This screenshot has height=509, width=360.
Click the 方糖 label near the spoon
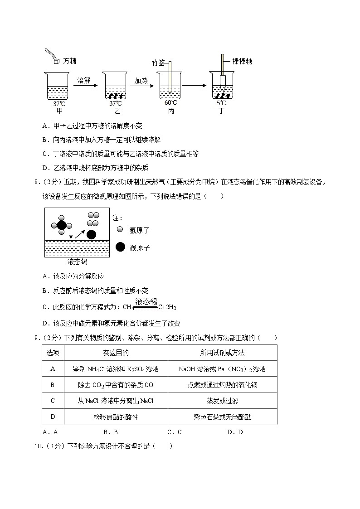(69, 60)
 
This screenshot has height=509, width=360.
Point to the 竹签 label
(158, 63)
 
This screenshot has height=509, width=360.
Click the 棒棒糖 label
(242, 61)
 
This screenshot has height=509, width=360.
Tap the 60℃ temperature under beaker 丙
(171, 103)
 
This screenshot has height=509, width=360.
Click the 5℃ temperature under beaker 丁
(221, 103)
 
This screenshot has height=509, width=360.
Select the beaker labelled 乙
(115, 86)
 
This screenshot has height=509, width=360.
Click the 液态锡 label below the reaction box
(77, 262)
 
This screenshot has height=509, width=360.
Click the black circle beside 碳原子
(120, 247)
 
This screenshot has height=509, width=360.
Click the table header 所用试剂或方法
(222, 353)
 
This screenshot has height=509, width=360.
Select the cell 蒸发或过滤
(222, 401)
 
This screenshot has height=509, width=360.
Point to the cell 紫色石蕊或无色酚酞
(222, 417)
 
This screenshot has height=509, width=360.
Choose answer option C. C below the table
(174, 432)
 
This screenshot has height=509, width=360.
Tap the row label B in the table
(53, 385)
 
